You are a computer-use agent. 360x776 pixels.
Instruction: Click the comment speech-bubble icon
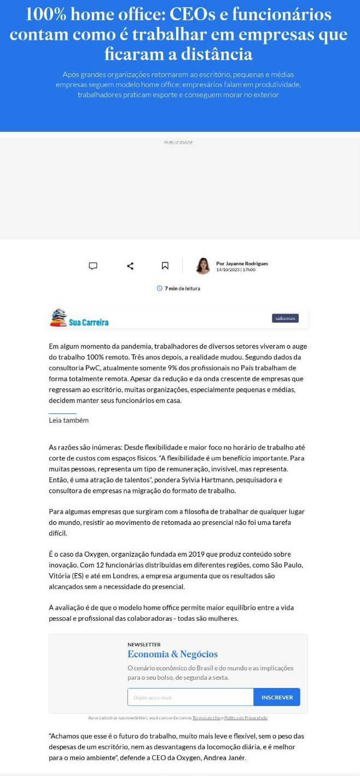(93, 266)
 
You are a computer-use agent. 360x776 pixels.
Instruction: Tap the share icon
(130, 266)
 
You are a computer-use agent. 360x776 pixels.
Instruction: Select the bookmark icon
(165, 266)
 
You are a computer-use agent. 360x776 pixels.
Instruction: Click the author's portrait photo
(203, 266)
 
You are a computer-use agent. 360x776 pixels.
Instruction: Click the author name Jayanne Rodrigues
(242, 264)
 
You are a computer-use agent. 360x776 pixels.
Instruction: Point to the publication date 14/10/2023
(228, 270)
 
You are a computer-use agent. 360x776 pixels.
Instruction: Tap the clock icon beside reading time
(160, 288)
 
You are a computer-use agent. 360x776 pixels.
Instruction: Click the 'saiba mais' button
(285, 318)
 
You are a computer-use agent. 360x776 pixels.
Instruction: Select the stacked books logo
(58, 318)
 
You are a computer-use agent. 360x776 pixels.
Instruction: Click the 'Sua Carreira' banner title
(89, 322)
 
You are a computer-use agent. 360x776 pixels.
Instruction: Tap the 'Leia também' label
(68, 421)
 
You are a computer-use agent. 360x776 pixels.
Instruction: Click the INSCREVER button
(277, 697)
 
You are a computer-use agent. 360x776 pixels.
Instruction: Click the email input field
(190, 697)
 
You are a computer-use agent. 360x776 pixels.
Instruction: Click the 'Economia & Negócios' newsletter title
(172, 654)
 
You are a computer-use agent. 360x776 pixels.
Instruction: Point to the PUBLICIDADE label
(178, 143)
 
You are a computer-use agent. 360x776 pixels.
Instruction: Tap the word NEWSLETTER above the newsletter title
(144, 644)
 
